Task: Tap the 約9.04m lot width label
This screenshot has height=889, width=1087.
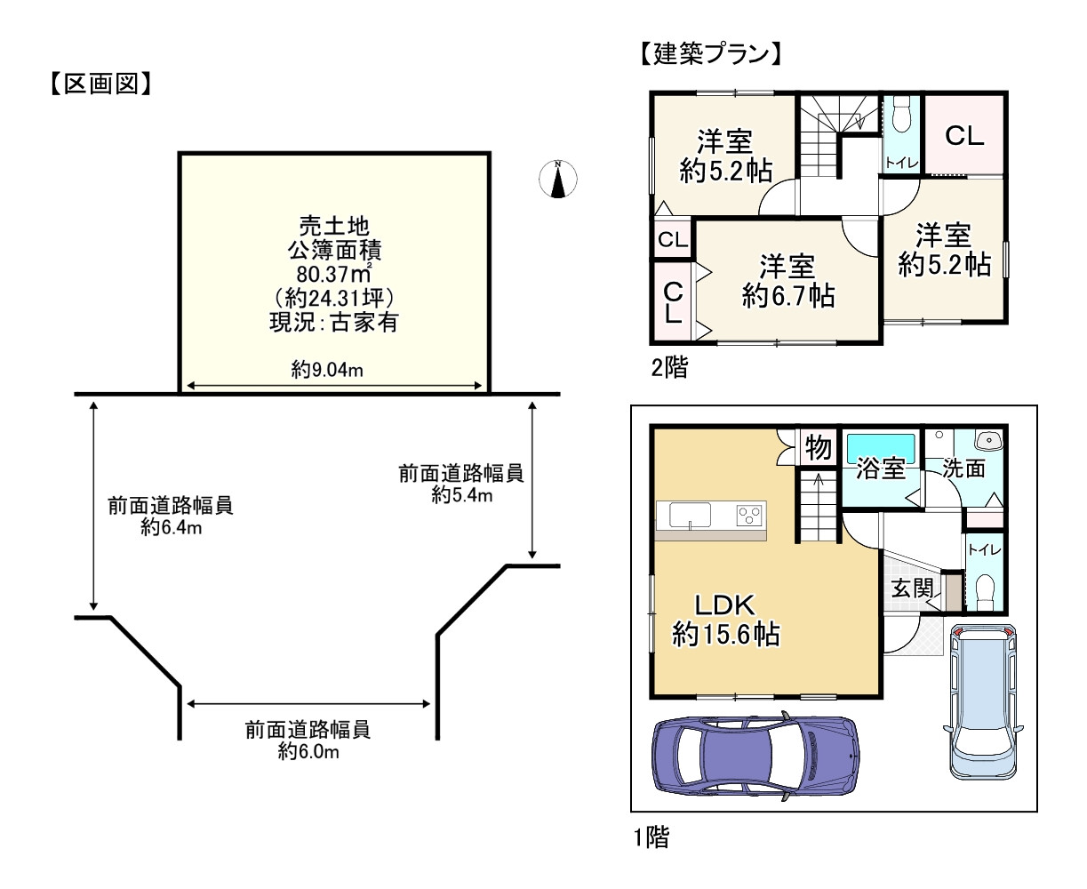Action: point(327,370)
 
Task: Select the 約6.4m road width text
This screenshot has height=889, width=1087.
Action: point(171,528)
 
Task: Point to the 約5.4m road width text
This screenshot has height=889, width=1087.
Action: point(460,495)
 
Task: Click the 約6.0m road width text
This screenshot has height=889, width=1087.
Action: point(308,751)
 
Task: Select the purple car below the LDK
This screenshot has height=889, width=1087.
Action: point(755,753)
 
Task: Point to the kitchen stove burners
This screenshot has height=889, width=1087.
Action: point(750,514)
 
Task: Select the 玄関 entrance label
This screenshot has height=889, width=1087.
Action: point(912,588)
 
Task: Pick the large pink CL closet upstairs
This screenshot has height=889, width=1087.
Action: point(963,136)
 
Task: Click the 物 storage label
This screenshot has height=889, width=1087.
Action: point(817,447)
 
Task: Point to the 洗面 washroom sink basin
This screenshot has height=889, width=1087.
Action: point(987,439)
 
